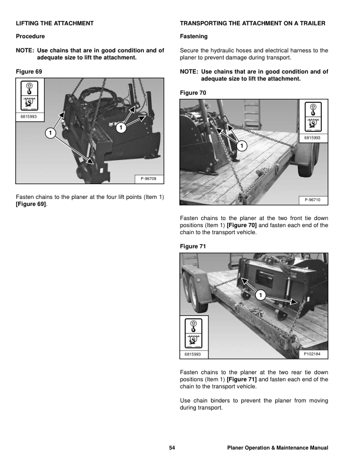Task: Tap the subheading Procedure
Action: [x=29, y=36]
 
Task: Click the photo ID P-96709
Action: [x=149, y=178]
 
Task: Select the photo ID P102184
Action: [x=313, y=354]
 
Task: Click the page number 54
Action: [x=172, y=448]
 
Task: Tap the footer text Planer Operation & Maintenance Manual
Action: [x=277, y=448]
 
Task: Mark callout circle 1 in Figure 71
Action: [x=261, y=294]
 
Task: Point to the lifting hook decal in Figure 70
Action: [x=313, y=118]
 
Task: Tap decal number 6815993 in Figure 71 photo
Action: [x=193, y=354]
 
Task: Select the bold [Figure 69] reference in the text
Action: [x=32, y=204]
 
